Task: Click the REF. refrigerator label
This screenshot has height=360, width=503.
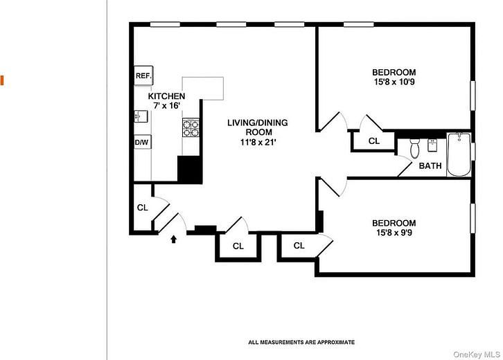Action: click(143, 75)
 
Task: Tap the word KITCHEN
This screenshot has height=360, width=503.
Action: click(166, 96)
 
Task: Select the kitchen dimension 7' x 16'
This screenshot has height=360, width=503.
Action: click(166, 106)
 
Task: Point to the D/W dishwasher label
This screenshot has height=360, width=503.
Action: click(142, 143)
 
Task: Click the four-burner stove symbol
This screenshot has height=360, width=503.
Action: click(191, 127)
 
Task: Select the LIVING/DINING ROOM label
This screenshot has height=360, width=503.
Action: click(258, 127)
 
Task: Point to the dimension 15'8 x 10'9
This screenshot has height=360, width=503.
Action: click(394, 82)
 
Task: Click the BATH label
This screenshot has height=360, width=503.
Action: click(430, 165)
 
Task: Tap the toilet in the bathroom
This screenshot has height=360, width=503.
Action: click(415, 147)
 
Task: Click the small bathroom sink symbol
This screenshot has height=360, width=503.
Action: click(433, 144)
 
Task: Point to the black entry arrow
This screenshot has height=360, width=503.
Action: click(174, 240)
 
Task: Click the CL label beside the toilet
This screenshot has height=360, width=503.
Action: click(373, 141)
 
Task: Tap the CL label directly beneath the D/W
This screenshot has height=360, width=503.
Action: click(142, 207)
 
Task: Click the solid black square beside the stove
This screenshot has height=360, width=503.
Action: click(189, 170)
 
